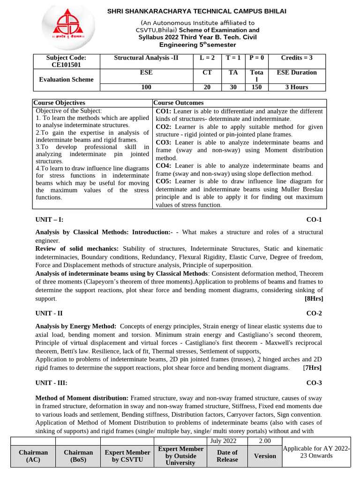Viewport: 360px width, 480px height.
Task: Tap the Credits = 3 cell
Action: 296,58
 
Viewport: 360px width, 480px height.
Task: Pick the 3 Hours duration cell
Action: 296,87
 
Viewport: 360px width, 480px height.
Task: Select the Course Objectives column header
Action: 60,103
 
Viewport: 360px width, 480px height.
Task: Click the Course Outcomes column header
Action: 178,103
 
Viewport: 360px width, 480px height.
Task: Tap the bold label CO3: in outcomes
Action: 164,142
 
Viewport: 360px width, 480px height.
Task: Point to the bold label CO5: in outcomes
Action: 164,181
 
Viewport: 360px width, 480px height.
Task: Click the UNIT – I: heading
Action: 49,219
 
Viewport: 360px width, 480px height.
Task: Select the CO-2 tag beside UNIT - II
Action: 315,313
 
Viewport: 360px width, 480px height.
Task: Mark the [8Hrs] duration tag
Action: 314,299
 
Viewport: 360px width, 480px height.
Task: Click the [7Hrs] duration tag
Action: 312,368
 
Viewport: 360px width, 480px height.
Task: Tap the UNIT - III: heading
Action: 52,383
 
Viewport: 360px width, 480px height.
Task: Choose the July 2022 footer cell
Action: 224,441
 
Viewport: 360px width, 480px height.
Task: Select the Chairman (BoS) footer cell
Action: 78,456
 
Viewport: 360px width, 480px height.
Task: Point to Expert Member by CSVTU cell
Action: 127,456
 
